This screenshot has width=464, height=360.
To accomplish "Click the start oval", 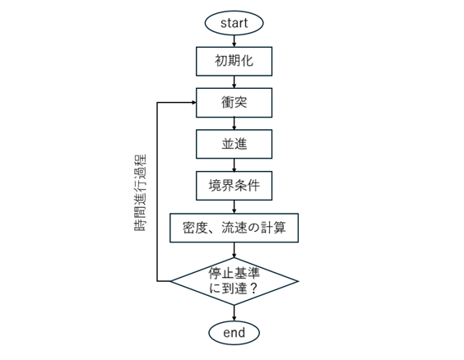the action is (x=234, y=23).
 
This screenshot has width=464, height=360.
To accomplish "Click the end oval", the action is (x=234, y=333).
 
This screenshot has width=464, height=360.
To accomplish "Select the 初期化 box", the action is (x=234, y=61).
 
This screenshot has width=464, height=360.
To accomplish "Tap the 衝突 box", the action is (x=234, y=103).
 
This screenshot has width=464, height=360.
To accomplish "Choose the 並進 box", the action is (x=234, y=144).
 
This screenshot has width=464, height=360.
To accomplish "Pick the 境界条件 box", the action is (x=234, y=186).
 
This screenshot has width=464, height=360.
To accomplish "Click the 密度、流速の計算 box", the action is (x=234, y=228).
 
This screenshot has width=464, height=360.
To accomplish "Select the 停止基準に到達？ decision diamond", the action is (x=234, y=281).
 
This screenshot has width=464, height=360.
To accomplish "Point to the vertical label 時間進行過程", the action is (x=140, y=192).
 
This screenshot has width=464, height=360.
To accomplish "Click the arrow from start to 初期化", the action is (x=234, y=41).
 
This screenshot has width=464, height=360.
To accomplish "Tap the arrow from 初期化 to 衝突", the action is (x=234, y=82).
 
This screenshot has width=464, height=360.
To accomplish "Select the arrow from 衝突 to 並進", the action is (x=234, y=123).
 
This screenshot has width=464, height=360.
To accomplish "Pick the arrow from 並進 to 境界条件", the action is (x=234, y=164).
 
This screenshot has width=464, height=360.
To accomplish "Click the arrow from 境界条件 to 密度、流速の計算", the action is (x=234, y=207).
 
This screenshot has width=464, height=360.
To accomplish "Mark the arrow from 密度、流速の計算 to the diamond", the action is (x=234, y=250).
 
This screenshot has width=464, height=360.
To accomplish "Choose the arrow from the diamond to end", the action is (x=234, y=313).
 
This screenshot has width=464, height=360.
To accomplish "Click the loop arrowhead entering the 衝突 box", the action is (x=194, y=103).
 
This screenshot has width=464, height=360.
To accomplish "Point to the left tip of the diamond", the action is (x=170, y=281).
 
